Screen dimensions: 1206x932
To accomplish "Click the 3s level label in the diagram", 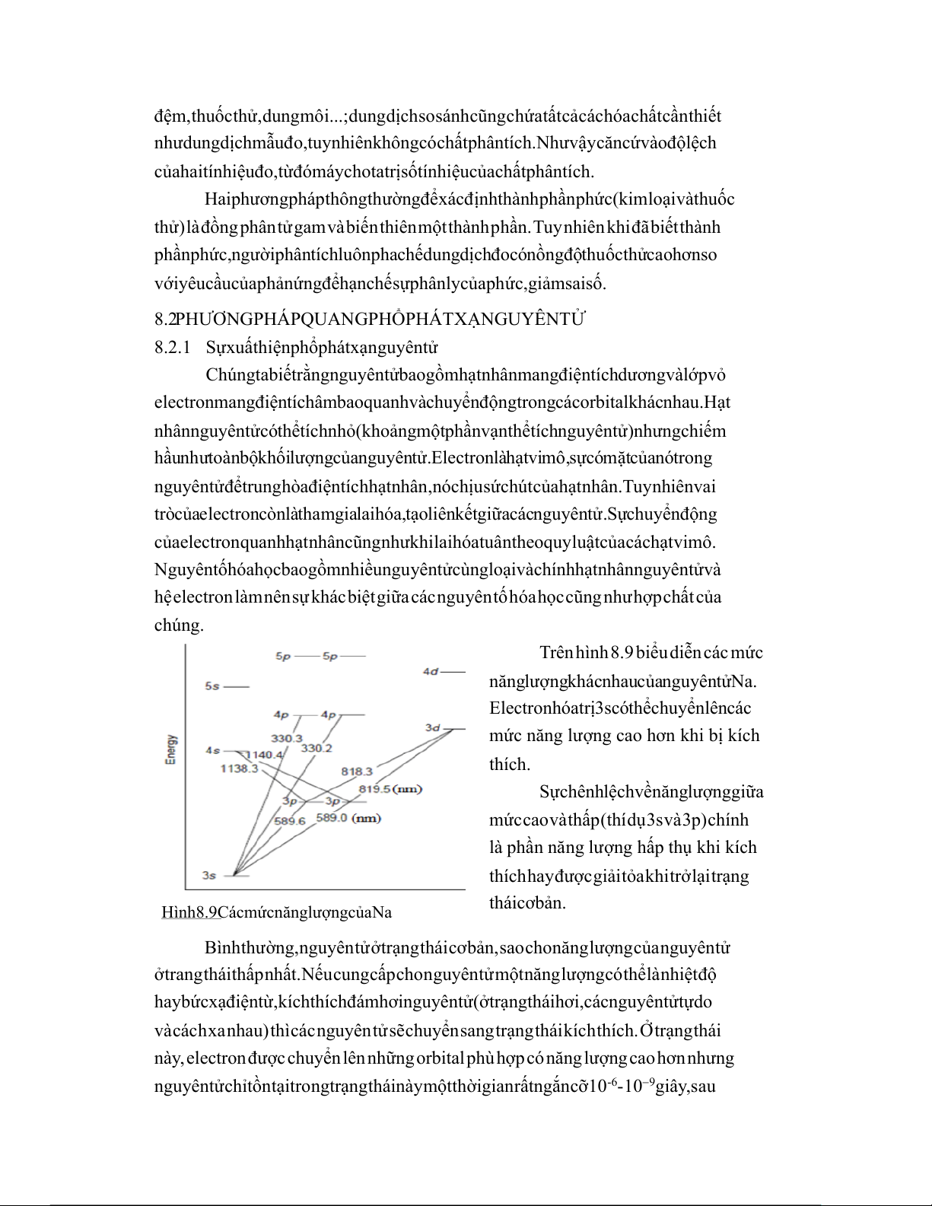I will pos(208,875).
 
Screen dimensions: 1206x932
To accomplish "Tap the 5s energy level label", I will pos(212,686).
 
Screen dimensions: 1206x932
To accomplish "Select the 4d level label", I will pos(431,671).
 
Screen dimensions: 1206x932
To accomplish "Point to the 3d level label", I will pos(433,728).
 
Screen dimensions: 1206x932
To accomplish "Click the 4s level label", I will pos(213,751).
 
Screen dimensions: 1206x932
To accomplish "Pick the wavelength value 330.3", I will pos(287,738).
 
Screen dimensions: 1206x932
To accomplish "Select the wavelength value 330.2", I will pos(316,748).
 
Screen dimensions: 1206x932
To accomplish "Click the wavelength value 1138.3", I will pos(239,768).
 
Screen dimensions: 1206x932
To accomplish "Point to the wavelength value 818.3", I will pos(356,771).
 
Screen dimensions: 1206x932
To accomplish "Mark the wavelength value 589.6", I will pos(289,821).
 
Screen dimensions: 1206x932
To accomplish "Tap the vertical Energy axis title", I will pos(172,749).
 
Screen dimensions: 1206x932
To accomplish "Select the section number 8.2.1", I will pos(172,348).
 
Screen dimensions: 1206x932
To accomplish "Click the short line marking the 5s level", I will pos(237,686).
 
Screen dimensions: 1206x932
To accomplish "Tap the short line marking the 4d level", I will pos(453,671).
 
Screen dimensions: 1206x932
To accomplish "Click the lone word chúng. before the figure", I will pos(179,625).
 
